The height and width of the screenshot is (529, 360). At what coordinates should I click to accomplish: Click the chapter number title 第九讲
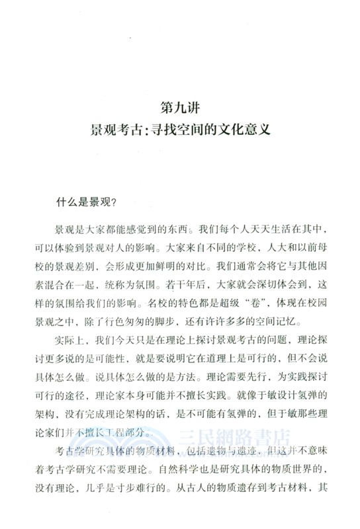point(179,106)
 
